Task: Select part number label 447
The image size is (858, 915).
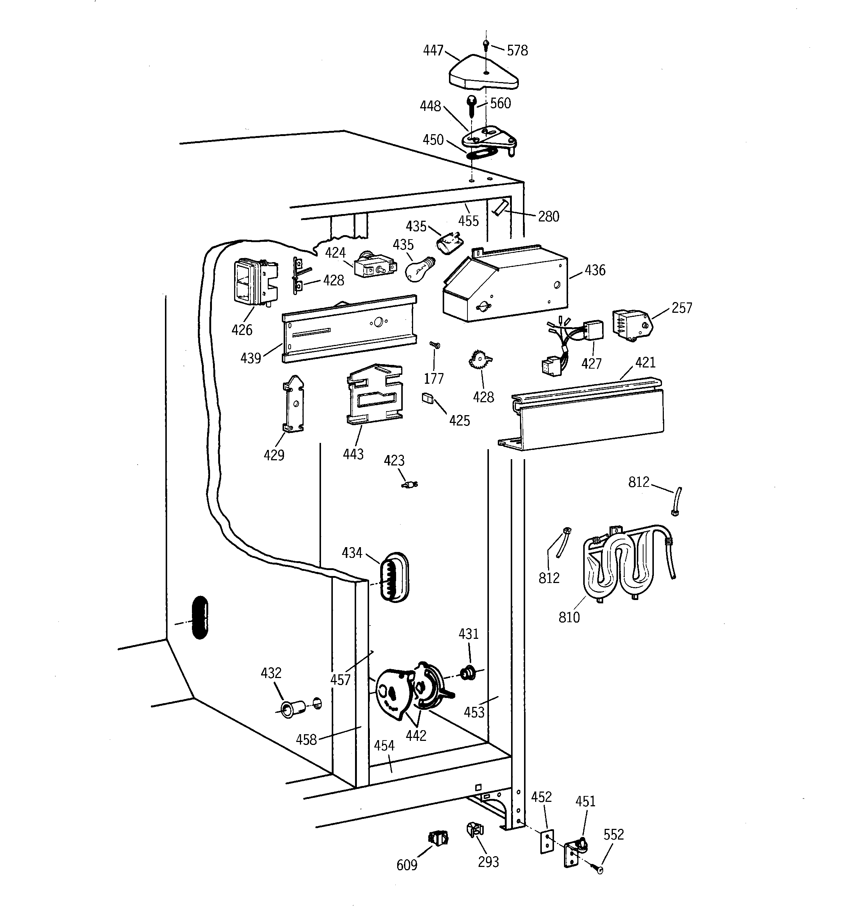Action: (433, 50)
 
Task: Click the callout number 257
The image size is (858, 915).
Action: (682, 308)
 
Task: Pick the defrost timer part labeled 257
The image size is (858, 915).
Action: (631, 325)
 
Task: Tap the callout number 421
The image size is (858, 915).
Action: (645, 363)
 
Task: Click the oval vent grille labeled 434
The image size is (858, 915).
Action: (394, 577)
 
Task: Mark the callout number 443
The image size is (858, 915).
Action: (353, 454)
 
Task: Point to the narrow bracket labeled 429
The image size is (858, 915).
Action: (293, 404)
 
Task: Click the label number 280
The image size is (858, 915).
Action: (548, 216)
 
